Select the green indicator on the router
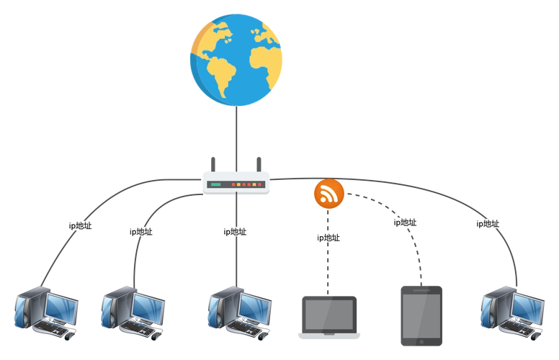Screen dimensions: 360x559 click(x=215, y=185)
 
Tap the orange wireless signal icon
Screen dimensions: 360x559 click(x=329, y=194)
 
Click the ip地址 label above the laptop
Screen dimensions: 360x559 click(x=328, y=238)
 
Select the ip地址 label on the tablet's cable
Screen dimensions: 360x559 click(x=405, y=222)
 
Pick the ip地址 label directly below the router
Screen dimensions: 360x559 click(x=235, y=232)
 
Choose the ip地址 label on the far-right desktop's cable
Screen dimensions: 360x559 click(x=487, y=223)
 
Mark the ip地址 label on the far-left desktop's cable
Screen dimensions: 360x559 click(x=80, y=225)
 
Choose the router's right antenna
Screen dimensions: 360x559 click(x=257, y=160)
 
